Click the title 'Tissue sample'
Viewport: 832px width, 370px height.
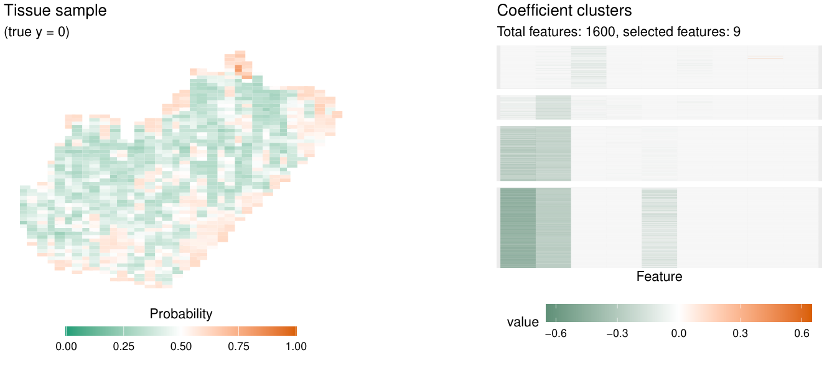tap(55, 11)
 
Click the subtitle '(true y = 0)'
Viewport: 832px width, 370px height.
tap(37, 32)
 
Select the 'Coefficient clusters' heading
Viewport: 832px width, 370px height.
tap(564, 11)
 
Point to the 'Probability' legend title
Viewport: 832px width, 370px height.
tap(181, 314)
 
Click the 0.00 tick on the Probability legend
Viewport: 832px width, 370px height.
tap(66, 346)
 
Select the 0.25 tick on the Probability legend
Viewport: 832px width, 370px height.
tap(123, 346)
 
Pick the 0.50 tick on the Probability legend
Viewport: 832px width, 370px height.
tap(181, 346)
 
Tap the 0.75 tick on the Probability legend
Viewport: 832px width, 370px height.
tap(238, 346)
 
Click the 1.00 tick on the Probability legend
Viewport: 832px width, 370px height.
tap(296, 346)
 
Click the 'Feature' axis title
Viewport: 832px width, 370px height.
tap(659, 277)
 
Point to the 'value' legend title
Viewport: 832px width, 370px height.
tap(523, 322)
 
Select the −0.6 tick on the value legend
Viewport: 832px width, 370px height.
tap(555, 334)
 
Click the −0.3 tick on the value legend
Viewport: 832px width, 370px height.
tap(617, 334)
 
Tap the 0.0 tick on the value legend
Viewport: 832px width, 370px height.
tap(679, 334)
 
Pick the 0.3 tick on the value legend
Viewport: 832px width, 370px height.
tap(741, 334)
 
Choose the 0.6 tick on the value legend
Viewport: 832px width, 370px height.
tap(802, 334)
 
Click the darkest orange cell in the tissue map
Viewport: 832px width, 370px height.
tap(238, 68)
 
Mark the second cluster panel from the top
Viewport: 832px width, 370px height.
tap(659, 107)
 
